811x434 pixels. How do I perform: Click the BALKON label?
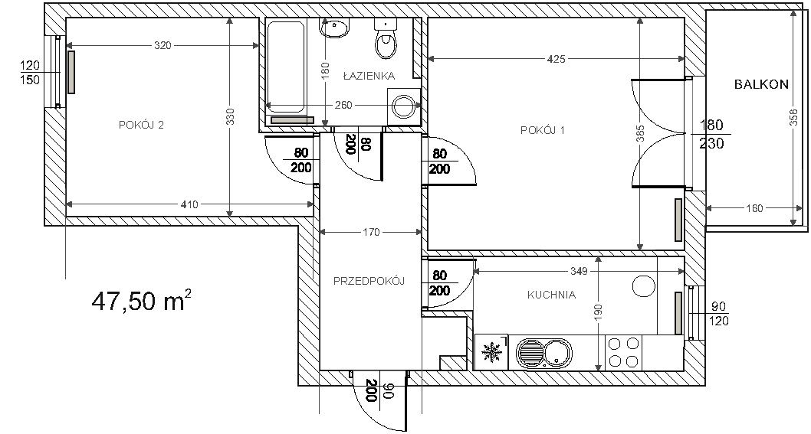coord(762,84)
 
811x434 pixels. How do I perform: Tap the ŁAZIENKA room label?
coord(369,76)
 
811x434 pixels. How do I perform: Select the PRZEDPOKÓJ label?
coord(369,281)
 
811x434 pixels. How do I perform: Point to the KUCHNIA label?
coord(551,295)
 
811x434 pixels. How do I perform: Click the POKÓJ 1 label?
coord(543,130)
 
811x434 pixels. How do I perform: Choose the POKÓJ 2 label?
coord(141,125)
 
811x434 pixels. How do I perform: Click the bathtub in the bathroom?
coord(284,67)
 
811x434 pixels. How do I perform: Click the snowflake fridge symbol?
coord(491,352)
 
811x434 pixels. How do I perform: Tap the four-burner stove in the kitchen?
coord(623,352)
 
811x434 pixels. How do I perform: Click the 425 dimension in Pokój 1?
coord(556,59)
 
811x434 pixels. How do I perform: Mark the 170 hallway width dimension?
coord(371,233)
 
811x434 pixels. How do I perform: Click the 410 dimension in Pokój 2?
coord(190,204)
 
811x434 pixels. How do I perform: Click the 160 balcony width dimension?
coord(754,209)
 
